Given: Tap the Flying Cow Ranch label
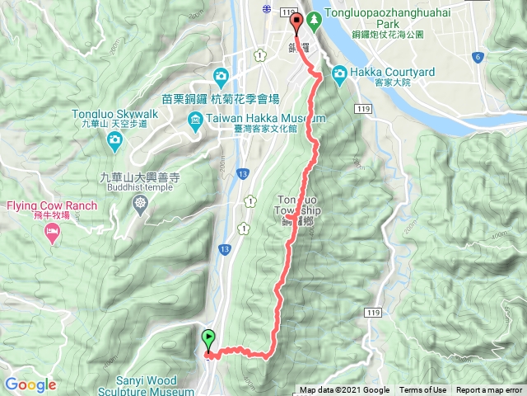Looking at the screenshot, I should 54,206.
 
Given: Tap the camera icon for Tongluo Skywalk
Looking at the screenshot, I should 114,144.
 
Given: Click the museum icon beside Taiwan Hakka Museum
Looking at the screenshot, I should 194,123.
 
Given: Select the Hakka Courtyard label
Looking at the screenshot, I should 394,73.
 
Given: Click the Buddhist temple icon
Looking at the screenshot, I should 142,202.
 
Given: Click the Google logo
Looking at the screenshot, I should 30,384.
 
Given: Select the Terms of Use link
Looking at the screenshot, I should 422,390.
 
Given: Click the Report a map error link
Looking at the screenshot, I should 489,390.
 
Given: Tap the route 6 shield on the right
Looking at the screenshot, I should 478,57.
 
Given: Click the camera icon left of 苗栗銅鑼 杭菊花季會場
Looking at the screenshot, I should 221,78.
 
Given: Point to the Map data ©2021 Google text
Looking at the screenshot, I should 344,390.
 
